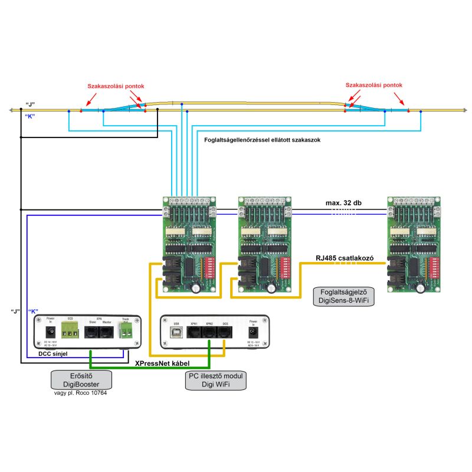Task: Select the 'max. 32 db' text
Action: (344, 203)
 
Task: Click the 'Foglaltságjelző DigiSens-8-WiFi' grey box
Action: (345, 296)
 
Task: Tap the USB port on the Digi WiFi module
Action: (176, 332)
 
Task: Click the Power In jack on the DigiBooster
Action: (50, 332)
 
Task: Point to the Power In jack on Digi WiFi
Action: (254, 332)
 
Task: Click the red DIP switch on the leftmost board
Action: (207, 267)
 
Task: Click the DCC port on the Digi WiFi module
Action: (225, 332)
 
